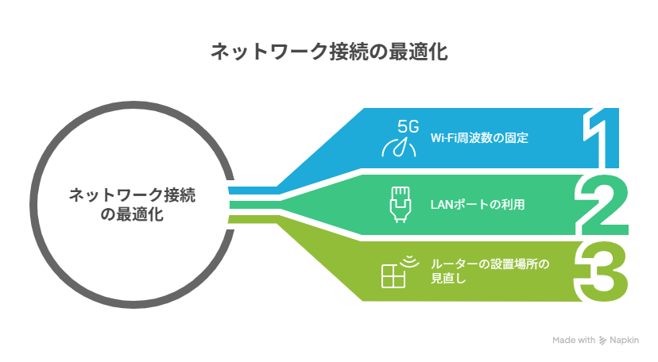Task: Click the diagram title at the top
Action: click(329, 52)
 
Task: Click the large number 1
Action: click(606, 136)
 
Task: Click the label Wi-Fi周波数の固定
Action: click(479, 137)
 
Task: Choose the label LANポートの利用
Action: click(477, 204)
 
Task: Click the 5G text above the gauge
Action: click(408, 125)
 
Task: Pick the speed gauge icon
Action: click(401, 148)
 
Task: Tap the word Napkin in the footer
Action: click(625, 340)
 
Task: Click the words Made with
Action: click(574, 340)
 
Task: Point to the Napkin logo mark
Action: click(602, 341)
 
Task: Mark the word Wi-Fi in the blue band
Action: click(443, 137)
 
